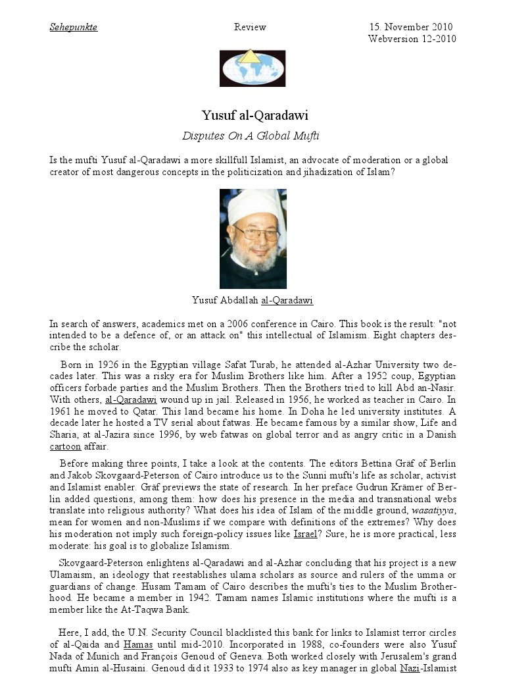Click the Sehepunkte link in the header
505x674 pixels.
74,27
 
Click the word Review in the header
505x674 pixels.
250,27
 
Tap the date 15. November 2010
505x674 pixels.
410,27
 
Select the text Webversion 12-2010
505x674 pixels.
412,39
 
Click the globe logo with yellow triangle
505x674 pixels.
252,68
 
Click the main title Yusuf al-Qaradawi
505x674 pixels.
254,115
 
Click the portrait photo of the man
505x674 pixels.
252,239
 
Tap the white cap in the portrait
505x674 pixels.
253,202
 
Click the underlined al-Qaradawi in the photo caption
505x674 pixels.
287,301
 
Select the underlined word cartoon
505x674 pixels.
65,446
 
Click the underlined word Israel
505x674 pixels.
305,534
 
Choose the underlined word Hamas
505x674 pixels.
137,644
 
